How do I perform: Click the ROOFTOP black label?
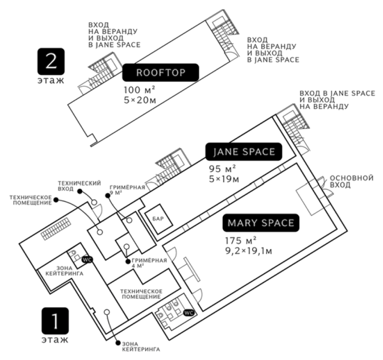click(160, 73)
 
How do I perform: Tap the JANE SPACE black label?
click(244, 152)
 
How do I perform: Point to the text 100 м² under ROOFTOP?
click(139, 91)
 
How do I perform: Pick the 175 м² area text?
click(240, 241)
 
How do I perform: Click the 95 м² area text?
click(222, 169)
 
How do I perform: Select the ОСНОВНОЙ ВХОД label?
click(351, 181)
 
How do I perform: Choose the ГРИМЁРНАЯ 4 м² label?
click(149, 263)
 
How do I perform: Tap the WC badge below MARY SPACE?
click(188, 312)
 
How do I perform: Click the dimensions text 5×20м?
click(139, 100)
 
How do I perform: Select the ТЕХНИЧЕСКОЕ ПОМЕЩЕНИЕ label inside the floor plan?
click(141, 294)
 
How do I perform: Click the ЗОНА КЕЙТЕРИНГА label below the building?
click(136, 347)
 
